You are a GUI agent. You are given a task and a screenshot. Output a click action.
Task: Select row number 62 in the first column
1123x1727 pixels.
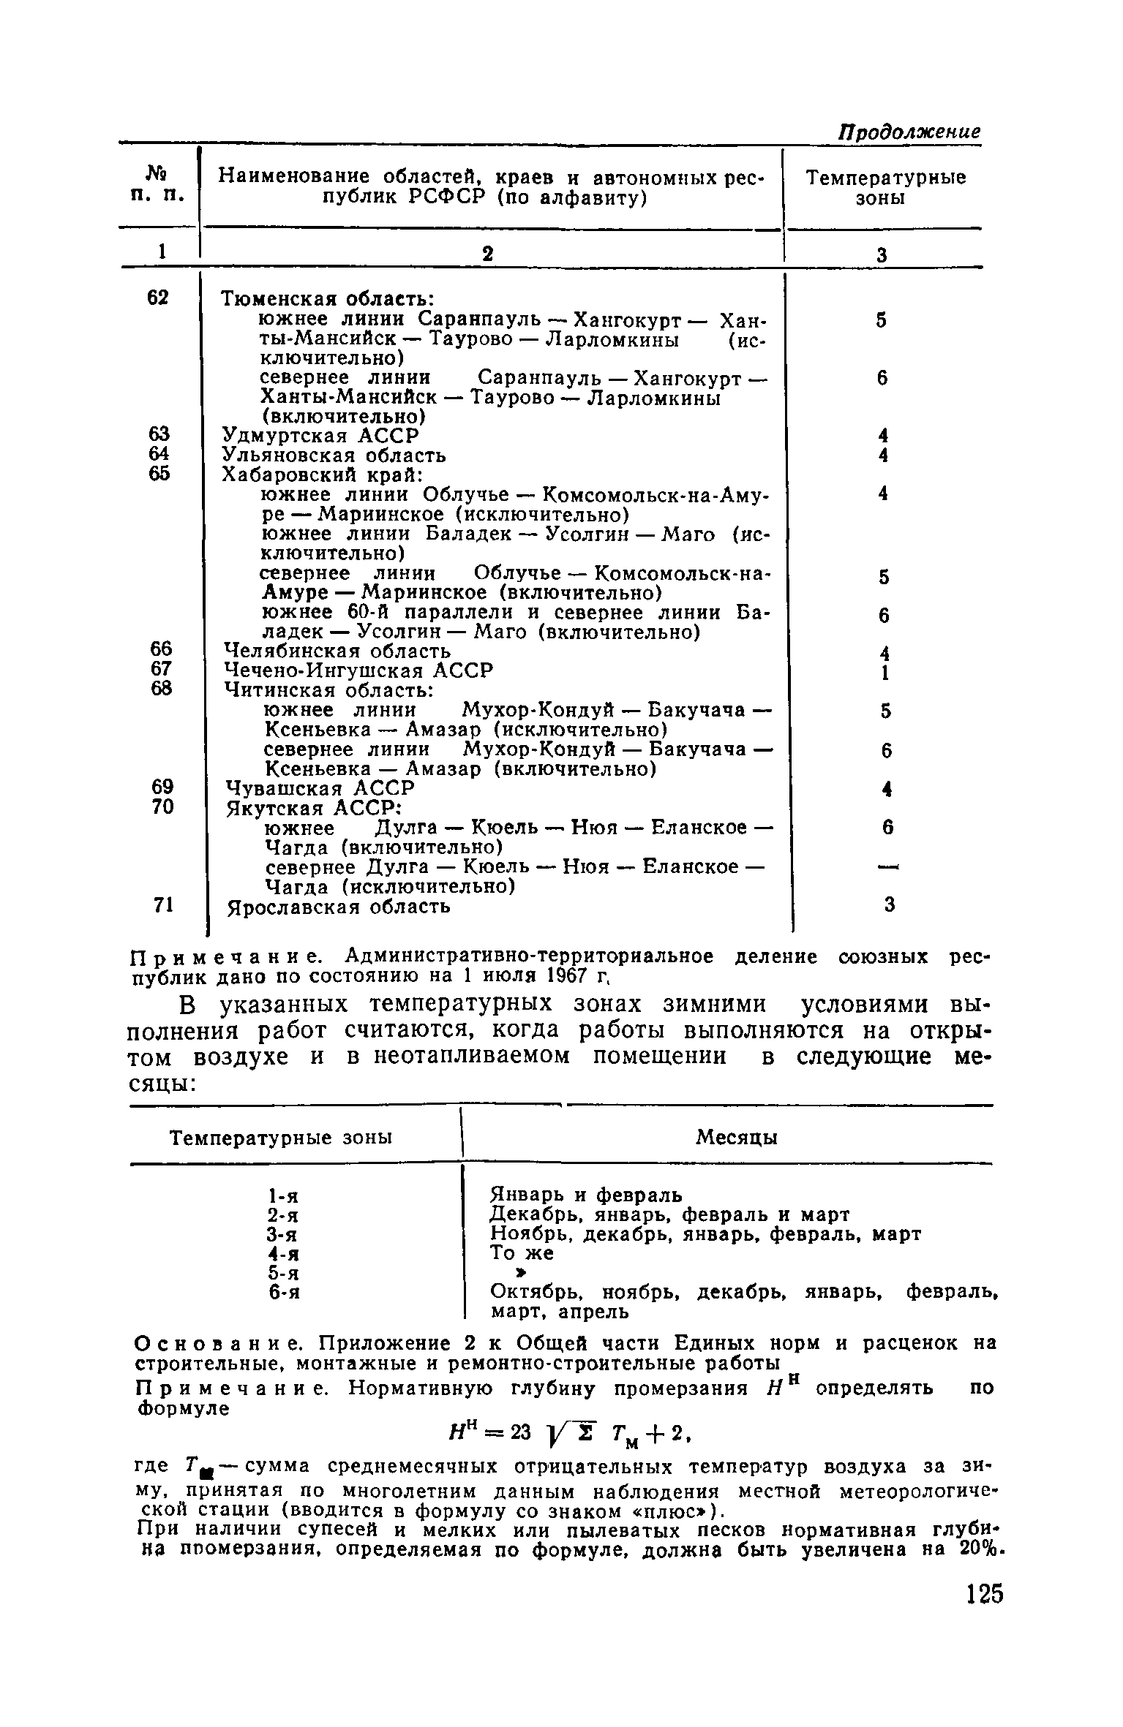coord(158,298)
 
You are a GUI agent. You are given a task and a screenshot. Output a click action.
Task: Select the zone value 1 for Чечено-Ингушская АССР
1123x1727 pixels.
coord(884,672)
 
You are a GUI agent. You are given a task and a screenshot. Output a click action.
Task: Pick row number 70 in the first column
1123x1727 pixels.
coord(162,807)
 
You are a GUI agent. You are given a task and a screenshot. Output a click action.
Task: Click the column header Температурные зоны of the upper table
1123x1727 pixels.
coord(884,188)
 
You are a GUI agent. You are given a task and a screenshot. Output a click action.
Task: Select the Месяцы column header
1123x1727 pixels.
coord(736,1137)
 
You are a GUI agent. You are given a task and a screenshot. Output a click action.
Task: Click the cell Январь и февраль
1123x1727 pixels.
coord(585,1195)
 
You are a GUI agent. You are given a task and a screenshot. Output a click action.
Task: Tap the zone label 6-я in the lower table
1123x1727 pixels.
coord(284,1293)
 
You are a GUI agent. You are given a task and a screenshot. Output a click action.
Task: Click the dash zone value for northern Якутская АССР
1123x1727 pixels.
coord(887,867)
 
